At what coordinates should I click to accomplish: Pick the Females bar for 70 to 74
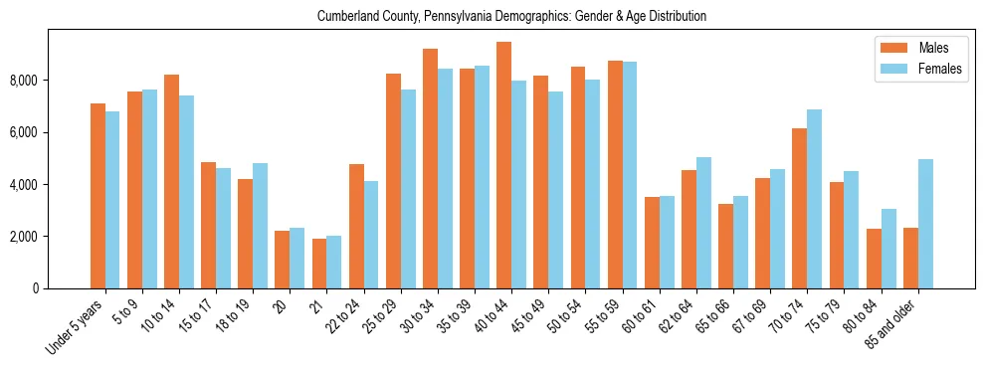[815, 199]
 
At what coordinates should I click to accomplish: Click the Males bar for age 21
[319, 264]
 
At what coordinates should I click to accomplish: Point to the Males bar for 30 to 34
[430, 169]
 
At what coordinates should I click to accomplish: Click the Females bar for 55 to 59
[630, 175]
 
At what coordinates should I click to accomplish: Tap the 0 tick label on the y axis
[37, 288]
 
